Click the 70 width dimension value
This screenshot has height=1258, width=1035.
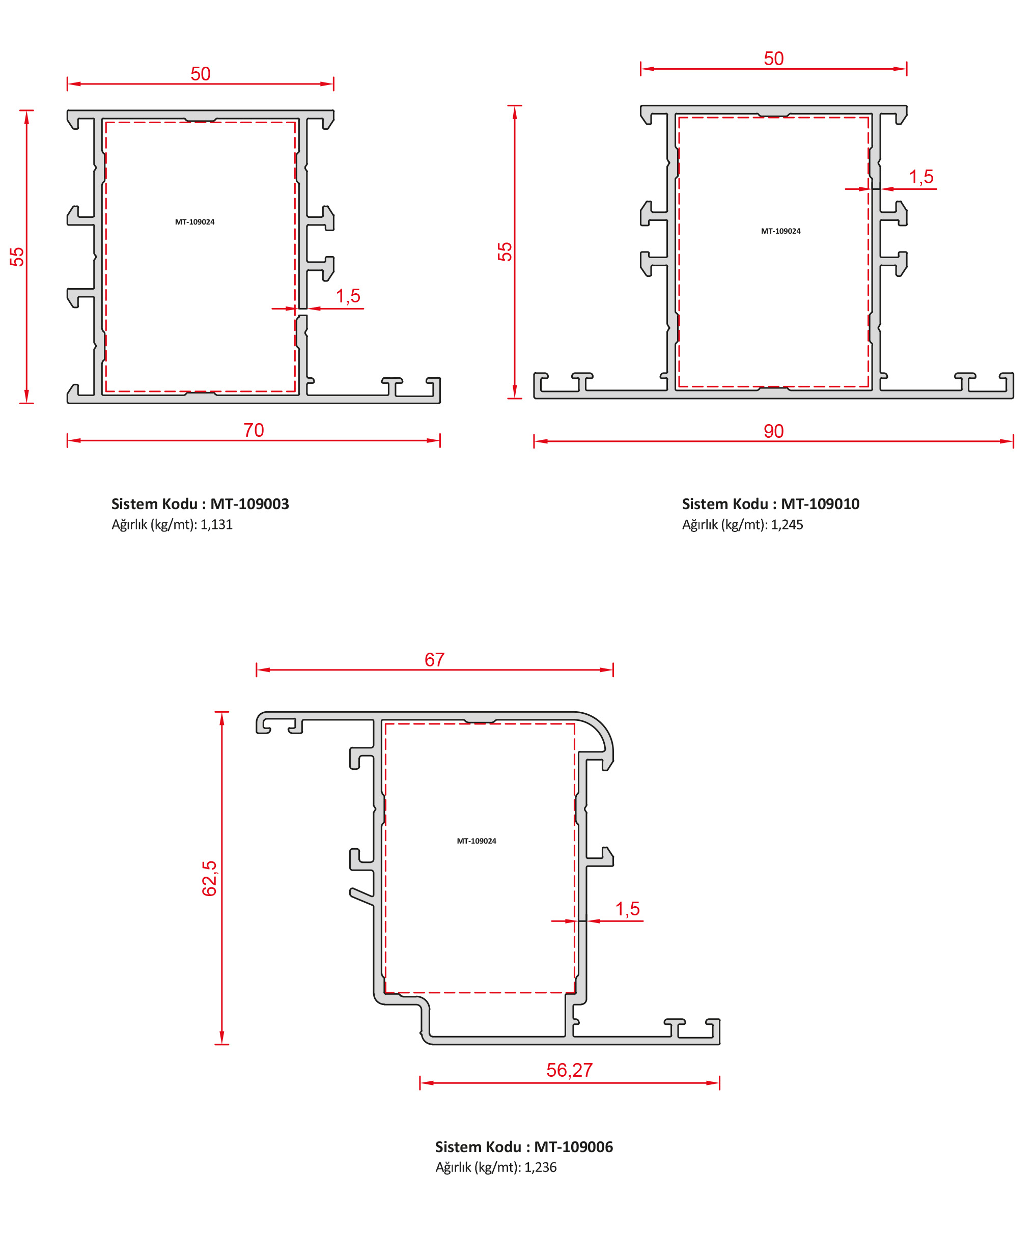(x=254, y=430)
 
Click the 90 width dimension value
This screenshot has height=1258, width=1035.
(x=773, y=431)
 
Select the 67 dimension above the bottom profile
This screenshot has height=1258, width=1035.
(x=434, y=659)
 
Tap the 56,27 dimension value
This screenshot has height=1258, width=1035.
(x=569, y=1070)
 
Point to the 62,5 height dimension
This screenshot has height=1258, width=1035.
(x=209, y=878)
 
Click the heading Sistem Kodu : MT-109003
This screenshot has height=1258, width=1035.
(x=200, y=504)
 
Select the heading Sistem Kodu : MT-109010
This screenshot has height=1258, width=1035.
(x=771, y=504)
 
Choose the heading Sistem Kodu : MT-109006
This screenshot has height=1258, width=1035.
(x=524, y=1147)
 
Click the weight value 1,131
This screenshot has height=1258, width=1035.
(x=216, y=525)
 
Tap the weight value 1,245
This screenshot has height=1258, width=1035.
(x=787, y=525)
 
